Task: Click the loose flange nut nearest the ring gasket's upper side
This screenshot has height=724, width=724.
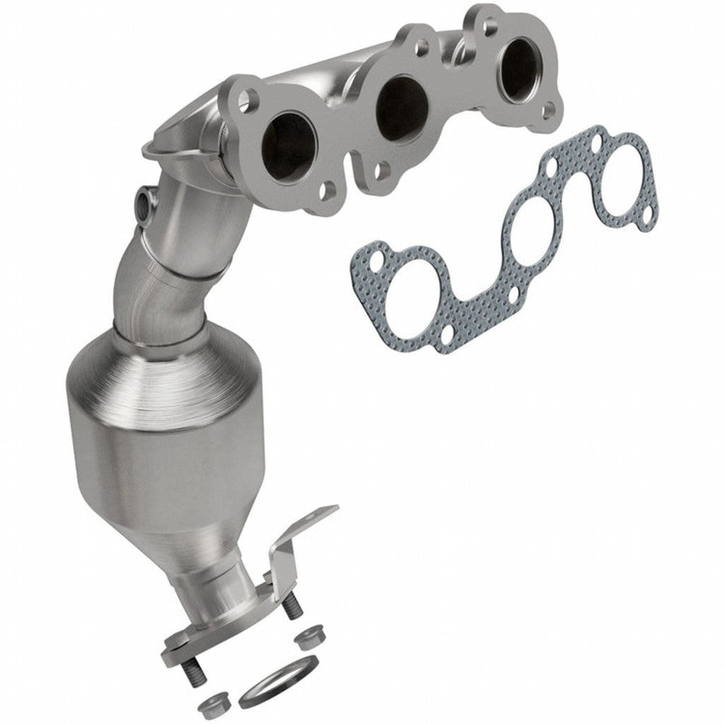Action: [307, 639]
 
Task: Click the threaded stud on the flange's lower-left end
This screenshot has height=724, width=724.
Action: [189, 672]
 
